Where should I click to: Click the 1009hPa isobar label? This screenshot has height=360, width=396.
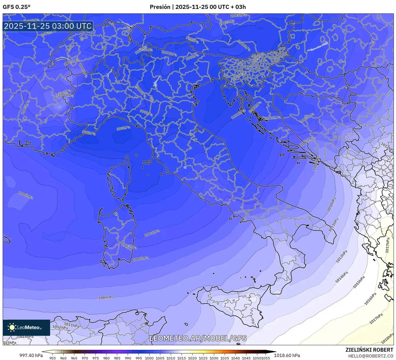tap(106, 298)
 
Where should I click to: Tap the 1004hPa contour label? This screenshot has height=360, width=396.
tap(152, 233)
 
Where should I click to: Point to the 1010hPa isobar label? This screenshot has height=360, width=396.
tap(332, 204)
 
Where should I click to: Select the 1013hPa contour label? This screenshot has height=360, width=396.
tap(342, 256)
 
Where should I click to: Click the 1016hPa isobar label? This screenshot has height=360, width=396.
tap(370, 299)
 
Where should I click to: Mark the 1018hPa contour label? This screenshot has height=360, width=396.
tap(387, 338)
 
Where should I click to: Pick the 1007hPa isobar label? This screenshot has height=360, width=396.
tap(307, 141)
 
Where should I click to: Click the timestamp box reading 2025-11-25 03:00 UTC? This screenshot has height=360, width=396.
tap(48, 26)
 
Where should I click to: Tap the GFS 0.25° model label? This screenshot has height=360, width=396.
tap(16, 7)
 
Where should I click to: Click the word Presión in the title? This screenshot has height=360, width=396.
tap(160, 7)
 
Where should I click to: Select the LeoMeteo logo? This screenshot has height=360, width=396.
tap(26, 327)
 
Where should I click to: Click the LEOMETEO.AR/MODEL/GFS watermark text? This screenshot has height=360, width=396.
tap(198, 338)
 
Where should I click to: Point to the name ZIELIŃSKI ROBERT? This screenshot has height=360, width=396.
tap(369, 350)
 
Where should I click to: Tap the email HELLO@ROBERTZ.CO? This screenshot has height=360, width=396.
tap(370, 356)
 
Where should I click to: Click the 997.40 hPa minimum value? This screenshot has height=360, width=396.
tap(31, 355)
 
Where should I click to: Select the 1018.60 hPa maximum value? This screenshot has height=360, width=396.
tap(287, 355)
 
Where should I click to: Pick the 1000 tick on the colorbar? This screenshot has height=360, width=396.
tap(149, 358)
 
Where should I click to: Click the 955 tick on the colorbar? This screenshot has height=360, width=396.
tap(53, 358)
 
